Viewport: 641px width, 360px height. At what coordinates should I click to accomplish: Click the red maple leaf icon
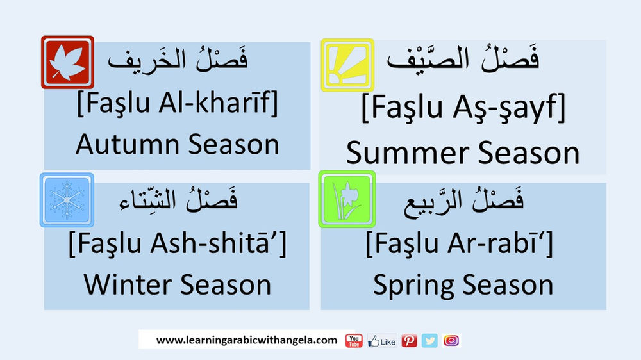click(x=67, y=61)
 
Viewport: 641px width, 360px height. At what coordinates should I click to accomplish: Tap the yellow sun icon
click(x=347, y=65)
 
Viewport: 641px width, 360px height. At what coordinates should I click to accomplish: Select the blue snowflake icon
click(x=67, y=199)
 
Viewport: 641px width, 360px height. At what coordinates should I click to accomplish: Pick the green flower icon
click(x=347, y=199)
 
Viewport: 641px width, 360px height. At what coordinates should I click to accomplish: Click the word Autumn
click(x=121, y=144)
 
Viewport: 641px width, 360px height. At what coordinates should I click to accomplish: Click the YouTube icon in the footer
click(x=354, y=341)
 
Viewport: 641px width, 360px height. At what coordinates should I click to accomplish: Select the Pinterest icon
click(x=410, y=341)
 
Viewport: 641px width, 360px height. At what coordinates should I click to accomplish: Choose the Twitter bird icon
click(x=429, y=341)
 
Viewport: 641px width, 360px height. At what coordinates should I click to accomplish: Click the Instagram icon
click(x=451, y=341)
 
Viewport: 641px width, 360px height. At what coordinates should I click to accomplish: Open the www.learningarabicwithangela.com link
click(x=247, y=340)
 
